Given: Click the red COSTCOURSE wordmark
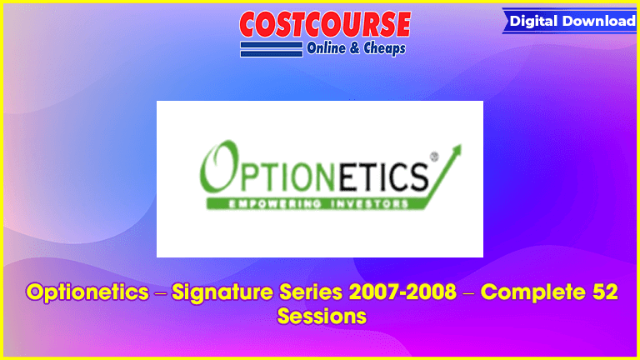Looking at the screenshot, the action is pos(325,24).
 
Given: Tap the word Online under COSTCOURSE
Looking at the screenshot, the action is pos(326,48).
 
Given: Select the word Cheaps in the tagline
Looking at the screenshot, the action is pos(384,48).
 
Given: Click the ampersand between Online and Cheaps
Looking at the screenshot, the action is pos(355,48).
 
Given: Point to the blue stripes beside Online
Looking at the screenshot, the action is pos(272,49).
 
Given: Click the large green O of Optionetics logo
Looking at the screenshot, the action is pos(220,167).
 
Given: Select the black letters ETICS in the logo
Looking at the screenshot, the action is pos(384,177).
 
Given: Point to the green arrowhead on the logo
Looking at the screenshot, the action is pos(455,151).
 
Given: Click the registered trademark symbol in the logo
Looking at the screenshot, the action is pos(434,157).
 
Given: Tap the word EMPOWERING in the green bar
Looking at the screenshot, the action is pos(275,203).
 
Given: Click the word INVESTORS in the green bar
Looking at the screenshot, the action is pos(369,203).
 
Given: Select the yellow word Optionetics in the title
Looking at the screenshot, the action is pos(87,292).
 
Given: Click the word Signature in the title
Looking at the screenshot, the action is pos(222,293).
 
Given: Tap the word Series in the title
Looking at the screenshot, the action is pos(311,292).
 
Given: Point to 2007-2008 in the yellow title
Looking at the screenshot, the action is pos(402,292).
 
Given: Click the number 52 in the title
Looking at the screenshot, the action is pos(605,292).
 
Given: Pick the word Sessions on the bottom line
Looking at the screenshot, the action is pos(322,317).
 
